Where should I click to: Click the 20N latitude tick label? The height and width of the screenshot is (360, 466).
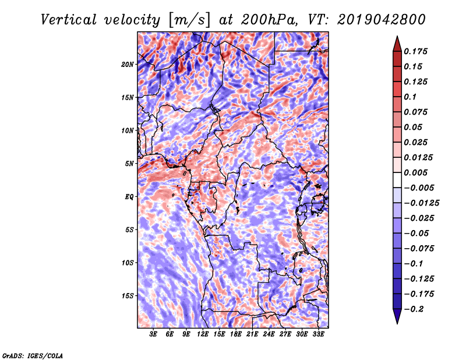(128, 65)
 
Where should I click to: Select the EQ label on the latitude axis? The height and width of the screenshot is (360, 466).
(129, 197)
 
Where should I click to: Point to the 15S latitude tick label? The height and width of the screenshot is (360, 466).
(128, 296)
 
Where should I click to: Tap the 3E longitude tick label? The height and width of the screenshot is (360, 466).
(153, 334)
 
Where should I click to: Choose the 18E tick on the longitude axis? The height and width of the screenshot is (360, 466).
(235, 334)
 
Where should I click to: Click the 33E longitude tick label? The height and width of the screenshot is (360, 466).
(318, 334)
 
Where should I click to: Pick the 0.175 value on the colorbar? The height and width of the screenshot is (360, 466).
(415, 51)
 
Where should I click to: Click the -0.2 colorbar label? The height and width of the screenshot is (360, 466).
(414, 309)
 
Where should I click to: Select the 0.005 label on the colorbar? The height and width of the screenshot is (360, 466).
(415, 172)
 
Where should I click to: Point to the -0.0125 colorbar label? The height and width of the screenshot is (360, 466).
(421, 203)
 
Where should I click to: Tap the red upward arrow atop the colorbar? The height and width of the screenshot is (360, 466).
(397, 44)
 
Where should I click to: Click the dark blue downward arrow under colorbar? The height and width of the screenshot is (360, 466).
(397, 316)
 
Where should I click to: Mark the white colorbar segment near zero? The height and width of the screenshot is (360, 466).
(397, 180)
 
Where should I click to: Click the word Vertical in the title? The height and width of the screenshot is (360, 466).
(69, 20)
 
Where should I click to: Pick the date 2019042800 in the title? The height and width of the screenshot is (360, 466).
(382, 20)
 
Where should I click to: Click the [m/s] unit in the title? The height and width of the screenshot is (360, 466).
(189, 20)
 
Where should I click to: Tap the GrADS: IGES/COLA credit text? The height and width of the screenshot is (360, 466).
(33, 355)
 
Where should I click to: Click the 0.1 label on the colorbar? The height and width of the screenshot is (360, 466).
(410, 97)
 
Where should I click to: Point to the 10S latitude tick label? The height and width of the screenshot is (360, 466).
(128, 263)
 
